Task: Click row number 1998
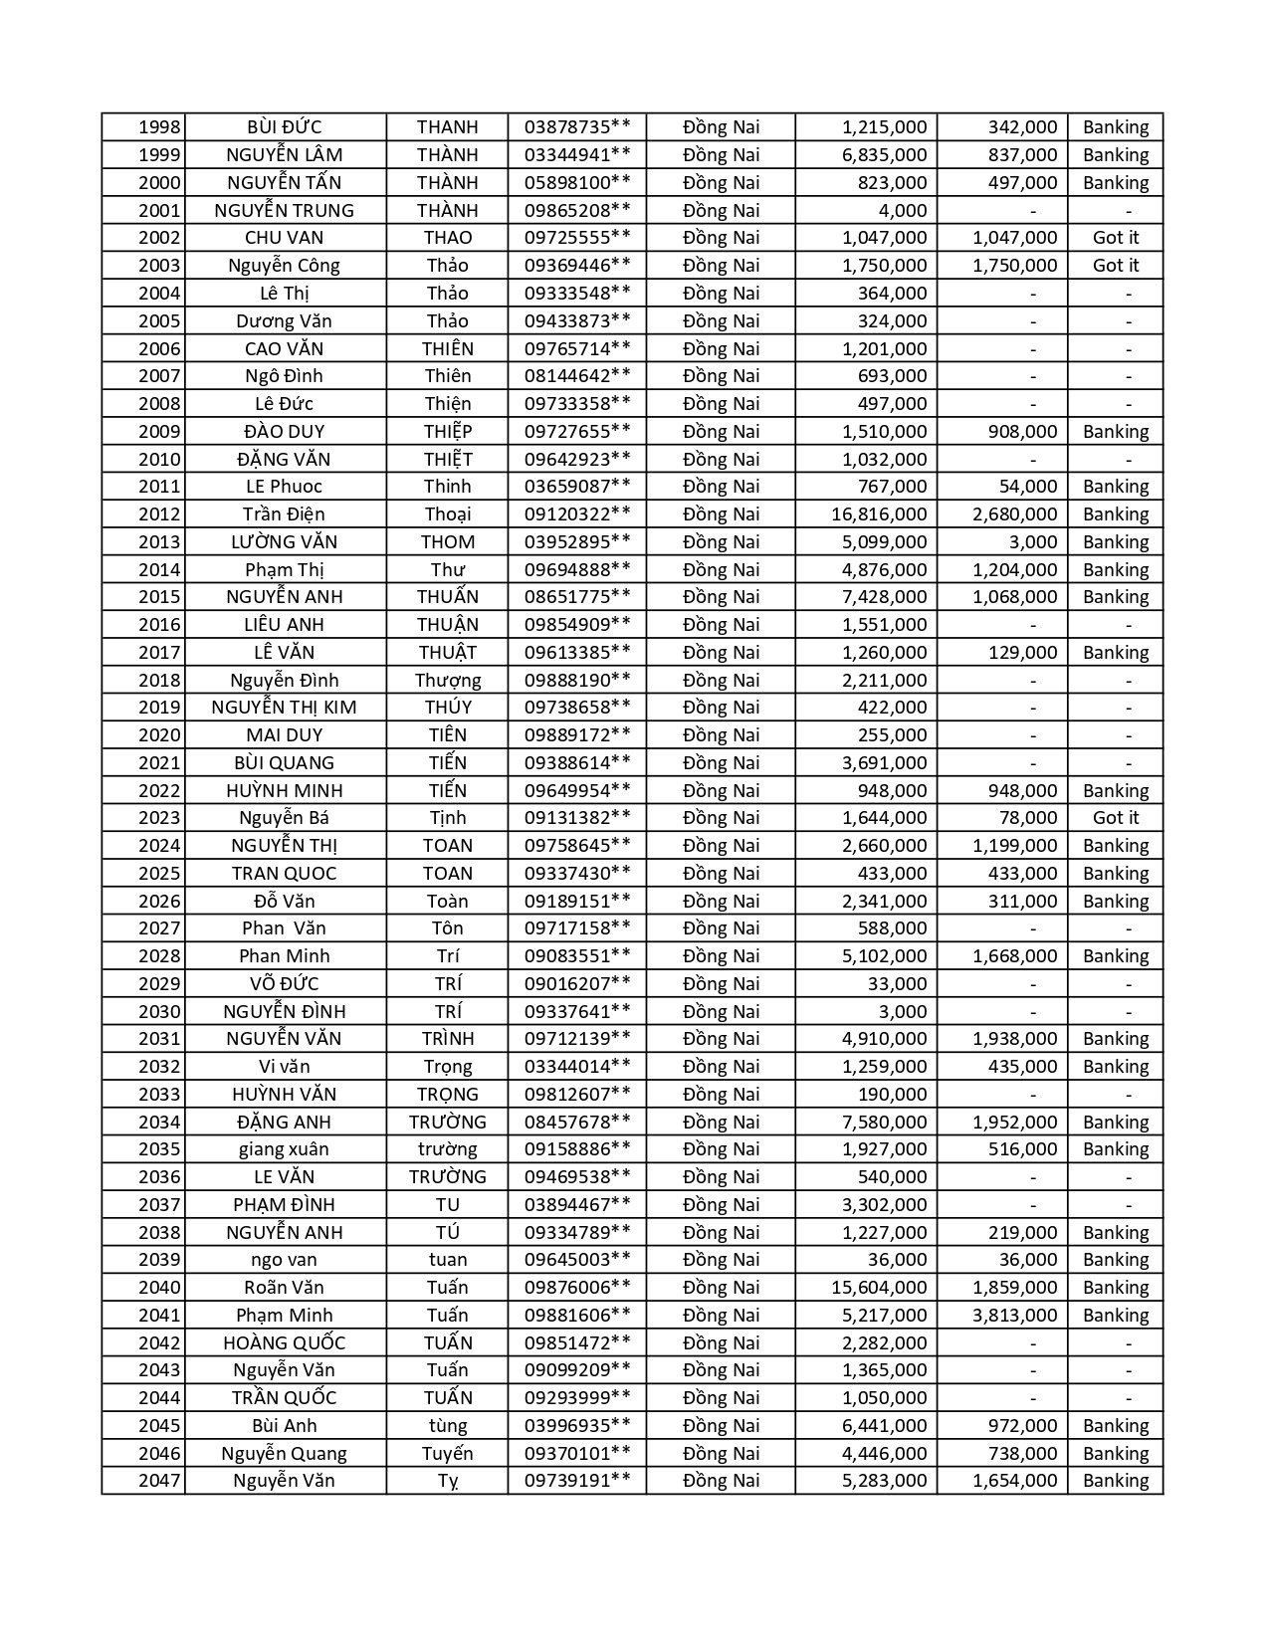(x=159, y=127)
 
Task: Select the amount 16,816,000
(x=879, y=514)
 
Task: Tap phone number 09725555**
(x=577, y=238)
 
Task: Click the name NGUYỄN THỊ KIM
(x=284, y=708)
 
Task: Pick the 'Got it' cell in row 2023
(x=1115, y=818)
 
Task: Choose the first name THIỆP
(x=447, y=432)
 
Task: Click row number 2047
(x=159, y=1481)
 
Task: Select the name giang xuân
(x=284, y=1149)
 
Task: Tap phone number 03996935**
(x=577, y=1426)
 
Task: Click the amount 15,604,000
(x=879, y=1288)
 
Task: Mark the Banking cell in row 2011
(x=1115, y=487)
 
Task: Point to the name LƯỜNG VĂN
(x=284, y=542)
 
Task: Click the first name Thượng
(x=447, y=681)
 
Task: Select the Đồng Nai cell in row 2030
(x=721, y=1012)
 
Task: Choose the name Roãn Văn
(x=284, y=1288)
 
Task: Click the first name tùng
(x=447, y=1426)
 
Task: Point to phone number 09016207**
(x=577, y=984)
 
